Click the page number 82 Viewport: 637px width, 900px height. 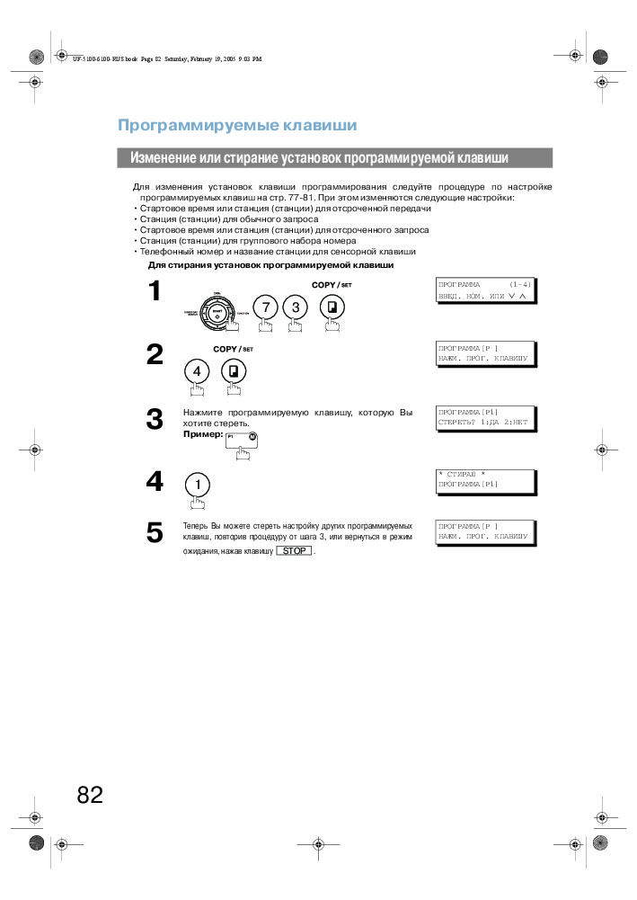[x=90, y=795]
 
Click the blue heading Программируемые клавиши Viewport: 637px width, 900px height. [x=237, y=125]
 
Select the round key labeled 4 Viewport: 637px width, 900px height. [x=197, y=370]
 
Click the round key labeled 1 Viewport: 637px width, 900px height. [x=197, y=484]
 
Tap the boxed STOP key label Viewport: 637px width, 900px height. [x=295, y=550]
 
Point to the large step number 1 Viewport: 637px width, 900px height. [x=155, y=291]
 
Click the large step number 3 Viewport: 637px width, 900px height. [x=155, y=419]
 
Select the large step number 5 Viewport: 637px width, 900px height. [x=155, y=533]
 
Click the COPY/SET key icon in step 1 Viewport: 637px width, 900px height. [x=332, y=307]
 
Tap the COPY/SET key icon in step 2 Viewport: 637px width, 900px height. [x=234, y=370]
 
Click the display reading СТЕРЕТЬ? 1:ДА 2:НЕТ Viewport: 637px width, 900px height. [x=483, y=415]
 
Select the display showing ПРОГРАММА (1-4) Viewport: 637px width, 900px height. [x=483, y=290]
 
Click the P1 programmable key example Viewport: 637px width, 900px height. [x=242, y=439]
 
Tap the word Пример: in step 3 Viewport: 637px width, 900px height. [x=201, y=433]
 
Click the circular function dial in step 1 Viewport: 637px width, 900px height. [x=217, y=311]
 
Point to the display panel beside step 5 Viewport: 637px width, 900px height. [x=483, y=530]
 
